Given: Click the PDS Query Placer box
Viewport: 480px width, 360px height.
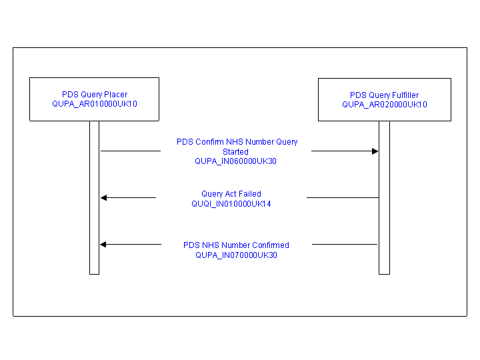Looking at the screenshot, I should tap(94, 99).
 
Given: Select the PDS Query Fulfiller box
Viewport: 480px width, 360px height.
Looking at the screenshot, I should tap(384, 99).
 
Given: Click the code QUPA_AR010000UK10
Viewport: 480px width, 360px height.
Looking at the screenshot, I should tap(95, 104).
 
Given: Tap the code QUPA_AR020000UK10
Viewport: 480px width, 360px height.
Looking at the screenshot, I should tap(385, 105).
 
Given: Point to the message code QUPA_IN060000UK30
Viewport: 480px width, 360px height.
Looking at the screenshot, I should tap(235, 161).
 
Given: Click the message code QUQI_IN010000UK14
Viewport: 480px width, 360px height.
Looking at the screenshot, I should tap(231, 204).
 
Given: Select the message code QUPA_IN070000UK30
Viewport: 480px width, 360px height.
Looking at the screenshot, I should tap(236, 255).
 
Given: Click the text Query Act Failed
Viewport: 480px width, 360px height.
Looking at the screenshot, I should tap(231, 194).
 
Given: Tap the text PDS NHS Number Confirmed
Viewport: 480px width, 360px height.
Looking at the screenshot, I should tap(236, 245).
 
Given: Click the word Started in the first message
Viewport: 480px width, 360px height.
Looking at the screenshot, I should tap(235, 152).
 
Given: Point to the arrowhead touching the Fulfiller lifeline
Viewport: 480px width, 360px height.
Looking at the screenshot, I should tap(375, 151).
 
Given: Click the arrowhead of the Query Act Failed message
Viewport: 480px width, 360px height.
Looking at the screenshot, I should tap(103, 197).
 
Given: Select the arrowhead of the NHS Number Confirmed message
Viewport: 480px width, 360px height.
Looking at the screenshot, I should tap(103, 245).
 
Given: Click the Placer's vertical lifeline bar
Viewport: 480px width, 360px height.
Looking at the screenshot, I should tap(94, 200).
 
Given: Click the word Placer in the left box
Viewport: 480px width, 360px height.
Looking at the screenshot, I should tap(115, 95).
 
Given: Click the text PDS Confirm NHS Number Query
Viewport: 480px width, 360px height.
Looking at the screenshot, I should tap(237, 142).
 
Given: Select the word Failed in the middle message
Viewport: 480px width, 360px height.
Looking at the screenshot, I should tap(249, 194).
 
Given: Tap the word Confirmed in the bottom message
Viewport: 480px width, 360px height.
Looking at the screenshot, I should tap(271, 245).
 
